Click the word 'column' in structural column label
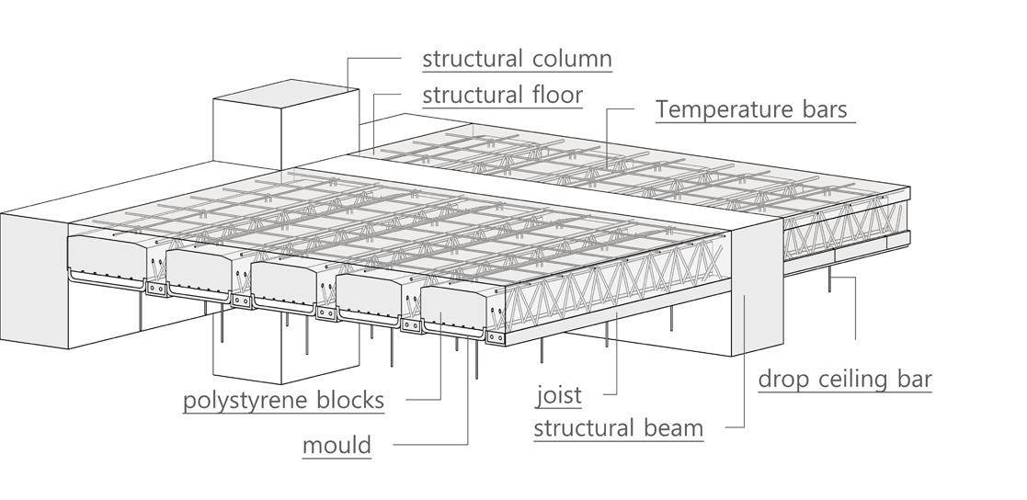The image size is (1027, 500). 572,59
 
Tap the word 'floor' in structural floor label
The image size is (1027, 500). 553,95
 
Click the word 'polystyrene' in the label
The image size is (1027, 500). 242,402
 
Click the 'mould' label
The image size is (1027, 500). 337,446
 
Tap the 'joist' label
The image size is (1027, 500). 559,396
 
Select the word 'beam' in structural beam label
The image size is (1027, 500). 672,428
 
